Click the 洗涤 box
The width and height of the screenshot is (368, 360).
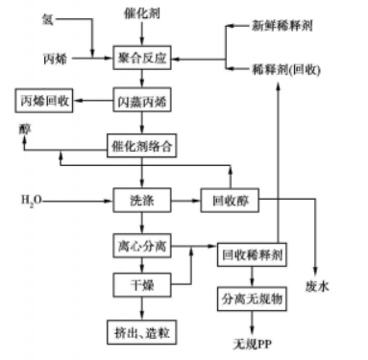[x=142, y=203]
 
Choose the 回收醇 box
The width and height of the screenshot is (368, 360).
[x=230, y=203]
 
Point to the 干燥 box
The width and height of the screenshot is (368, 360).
[x=142, y=287]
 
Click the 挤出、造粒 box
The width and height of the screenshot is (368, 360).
[x=142, y=329]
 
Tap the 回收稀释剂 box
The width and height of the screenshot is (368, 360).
[x=251, y=256]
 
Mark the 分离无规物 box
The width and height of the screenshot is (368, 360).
[x=251, y=299]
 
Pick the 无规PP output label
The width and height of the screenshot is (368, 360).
[x=253, y=342]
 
